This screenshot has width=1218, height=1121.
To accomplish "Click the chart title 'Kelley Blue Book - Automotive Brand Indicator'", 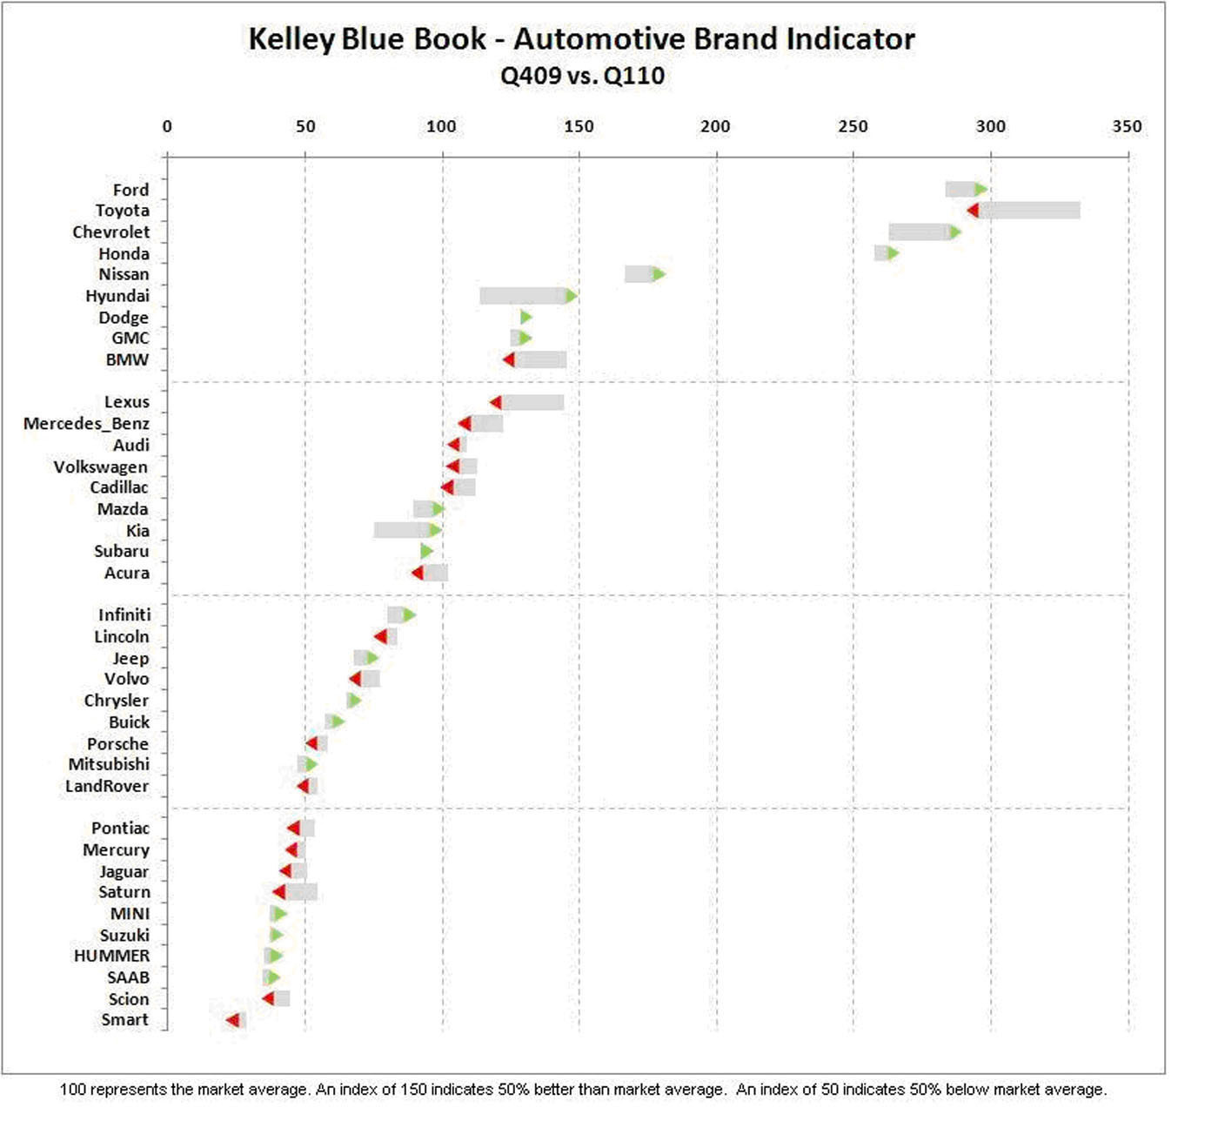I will point(581,39).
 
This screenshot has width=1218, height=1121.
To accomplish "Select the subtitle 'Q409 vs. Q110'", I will point(582,76).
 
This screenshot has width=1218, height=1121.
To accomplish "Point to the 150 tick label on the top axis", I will point(579,126).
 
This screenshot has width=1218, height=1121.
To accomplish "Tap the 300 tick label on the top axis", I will point(990,126).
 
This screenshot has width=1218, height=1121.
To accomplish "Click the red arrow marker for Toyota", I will point(973,211).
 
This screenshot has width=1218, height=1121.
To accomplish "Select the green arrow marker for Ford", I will point(980,190).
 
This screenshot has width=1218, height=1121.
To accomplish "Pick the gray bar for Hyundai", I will point(523,296).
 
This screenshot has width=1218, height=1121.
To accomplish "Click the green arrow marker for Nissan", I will point(659,274).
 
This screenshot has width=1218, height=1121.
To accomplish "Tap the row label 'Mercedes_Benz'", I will point(86,424).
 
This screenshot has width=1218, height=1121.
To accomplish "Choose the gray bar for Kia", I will point(402,530).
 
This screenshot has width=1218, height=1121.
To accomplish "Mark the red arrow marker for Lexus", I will point(496,402).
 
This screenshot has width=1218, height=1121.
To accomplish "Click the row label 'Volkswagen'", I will point(100,467).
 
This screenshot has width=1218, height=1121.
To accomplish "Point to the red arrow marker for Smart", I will point(232,1020).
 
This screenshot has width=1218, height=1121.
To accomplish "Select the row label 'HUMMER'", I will point(111,956).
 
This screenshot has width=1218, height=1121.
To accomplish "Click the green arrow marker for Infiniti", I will point(408,615).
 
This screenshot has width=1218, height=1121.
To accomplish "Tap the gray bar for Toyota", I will point(1029,211).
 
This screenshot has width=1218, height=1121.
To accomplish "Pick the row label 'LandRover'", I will point(107,787).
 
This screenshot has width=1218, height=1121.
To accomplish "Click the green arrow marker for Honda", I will point(892,253).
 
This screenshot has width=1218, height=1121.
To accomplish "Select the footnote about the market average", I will point(583,1090).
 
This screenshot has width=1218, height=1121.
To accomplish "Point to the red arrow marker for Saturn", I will point(278,892).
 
